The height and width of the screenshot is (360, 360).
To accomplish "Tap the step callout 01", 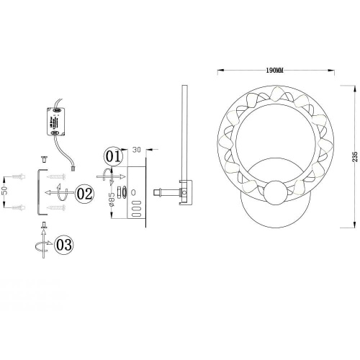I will (113, 155).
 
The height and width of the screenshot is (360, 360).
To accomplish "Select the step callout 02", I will (84, 193).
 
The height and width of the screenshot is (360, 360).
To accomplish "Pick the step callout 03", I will (63, 245).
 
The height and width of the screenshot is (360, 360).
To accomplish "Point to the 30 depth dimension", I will (135, 150).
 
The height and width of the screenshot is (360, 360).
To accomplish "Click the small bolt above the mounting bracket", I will (42, 157).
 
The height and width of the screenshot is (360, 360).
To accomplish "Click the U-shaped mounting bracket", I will (37, 192).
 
